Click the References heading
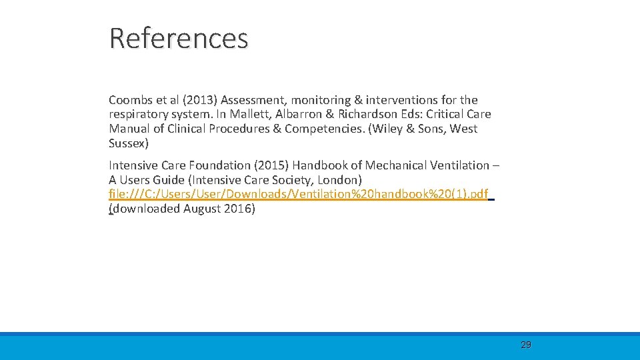pos(179,39)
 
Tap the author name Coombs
pos(131,100)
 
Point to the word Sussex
pos(127,143)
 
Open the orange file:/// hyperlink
pos(298,194)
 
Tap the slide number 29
pos(526,345)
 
